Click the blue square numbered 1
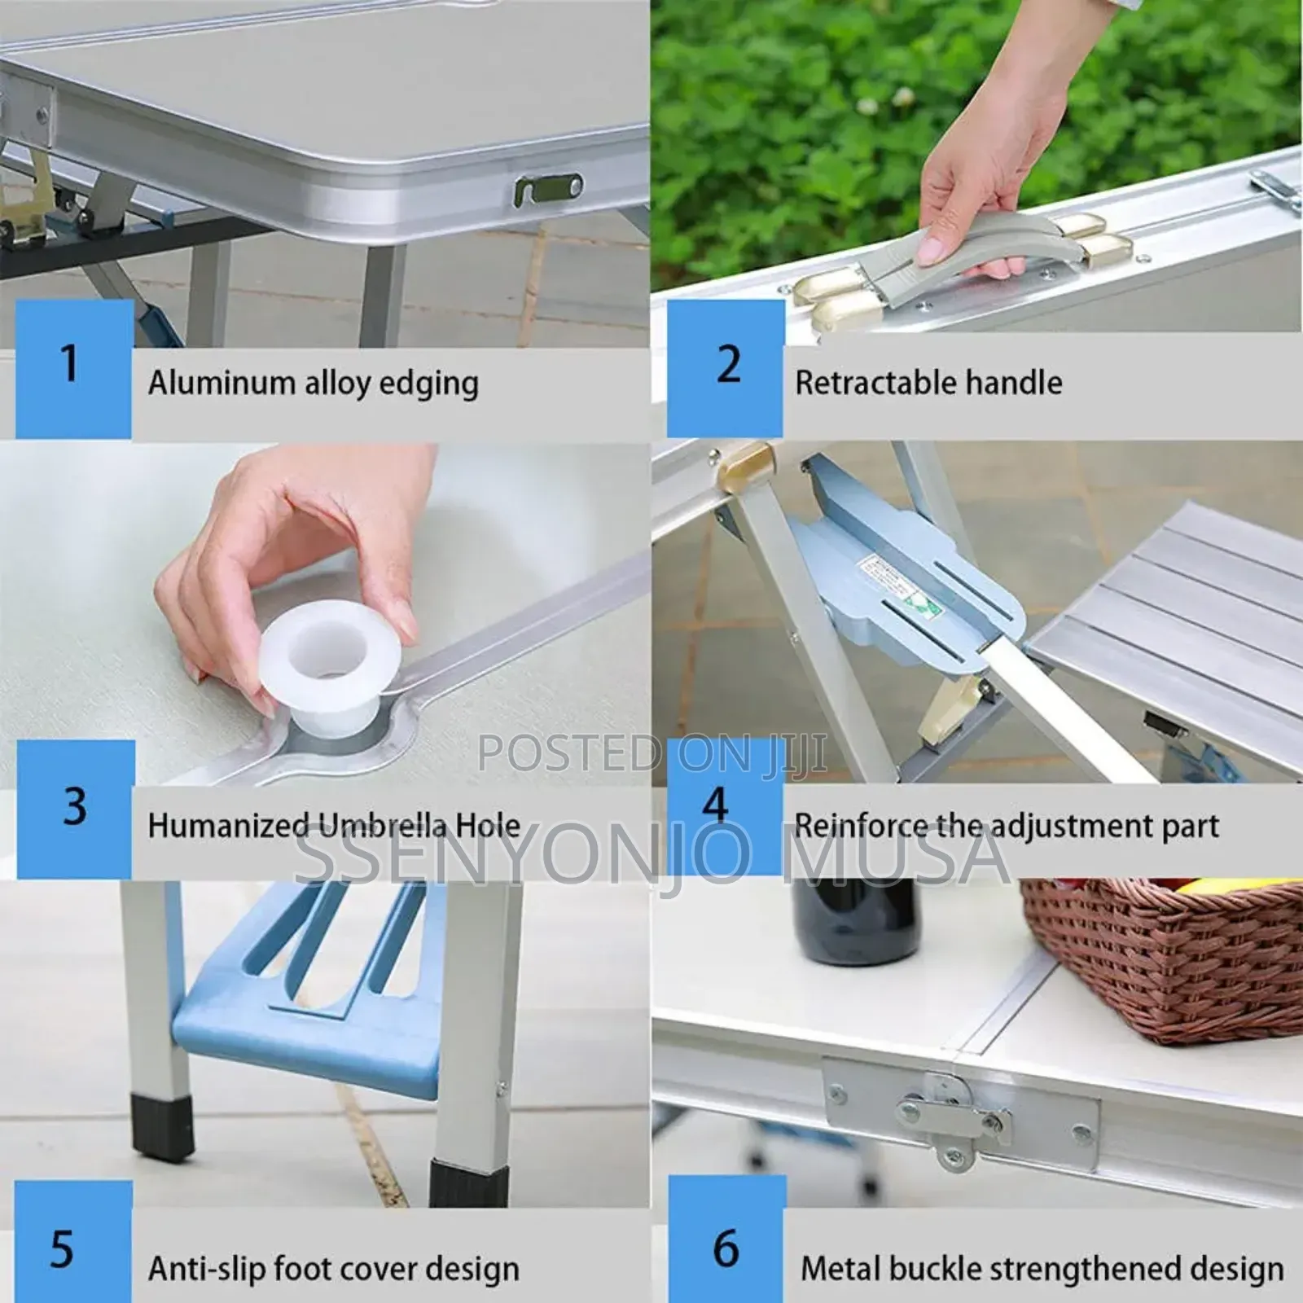(x=74, y=369)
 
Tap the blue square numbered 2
(x=725, y=369)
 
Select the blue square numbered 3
(x=76, y=809)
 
